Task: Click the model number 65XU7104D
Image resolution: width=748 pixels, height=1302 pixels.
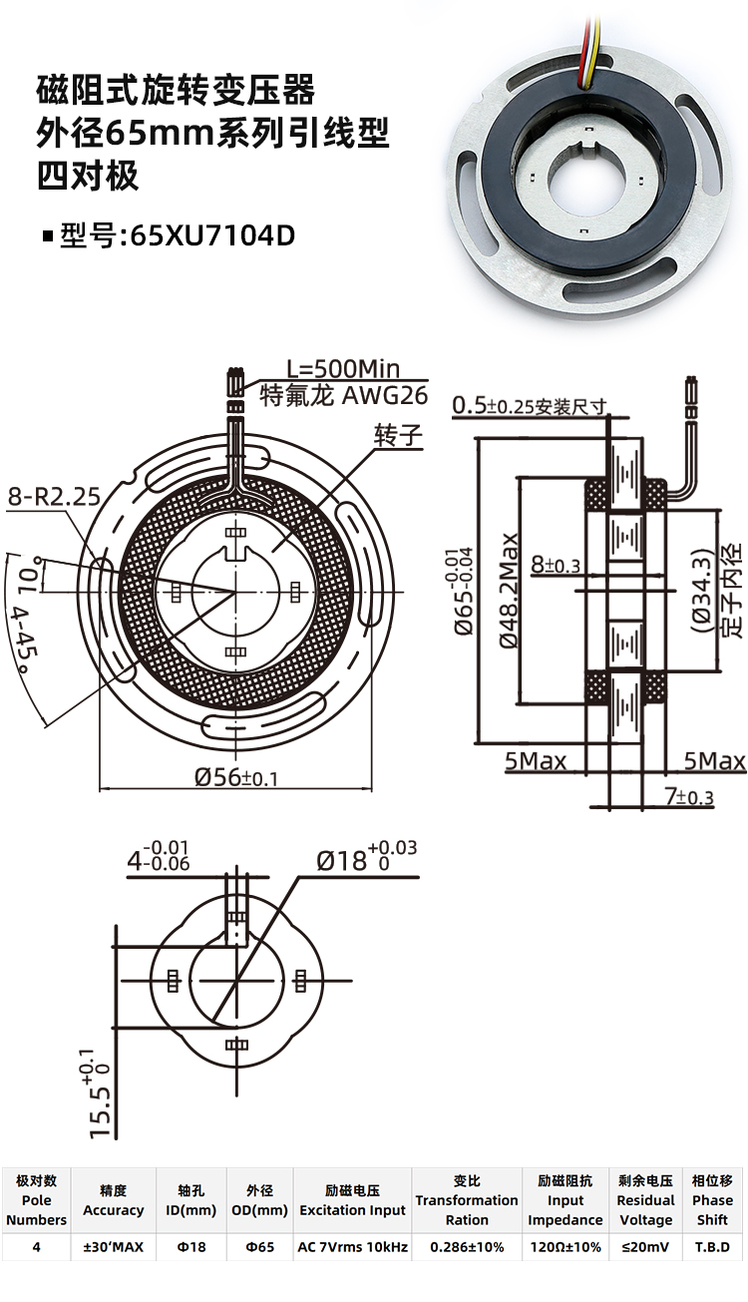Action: pos(213,236)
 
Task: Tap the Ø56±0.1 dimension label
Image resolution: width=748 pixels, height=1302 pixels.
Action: pos(236,776)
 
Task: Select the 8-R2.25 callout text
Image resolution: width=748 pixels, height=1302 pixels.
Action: pos(54,497)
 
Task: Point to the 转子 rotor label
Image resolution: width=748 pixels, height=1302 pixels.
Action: pos(398,435)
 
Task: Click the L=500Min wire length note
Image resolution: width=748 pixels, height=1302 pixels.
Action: pos(343,368)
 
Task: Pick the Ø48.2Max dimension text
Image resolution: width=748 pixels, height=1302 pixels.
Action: pos(509,590)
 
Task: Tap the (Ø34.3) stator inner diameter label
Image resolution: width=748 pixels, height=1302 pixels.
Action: pos(702,590)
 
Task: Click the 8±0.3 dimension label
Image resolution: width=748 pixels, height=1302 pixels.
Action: pos(556,565)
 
